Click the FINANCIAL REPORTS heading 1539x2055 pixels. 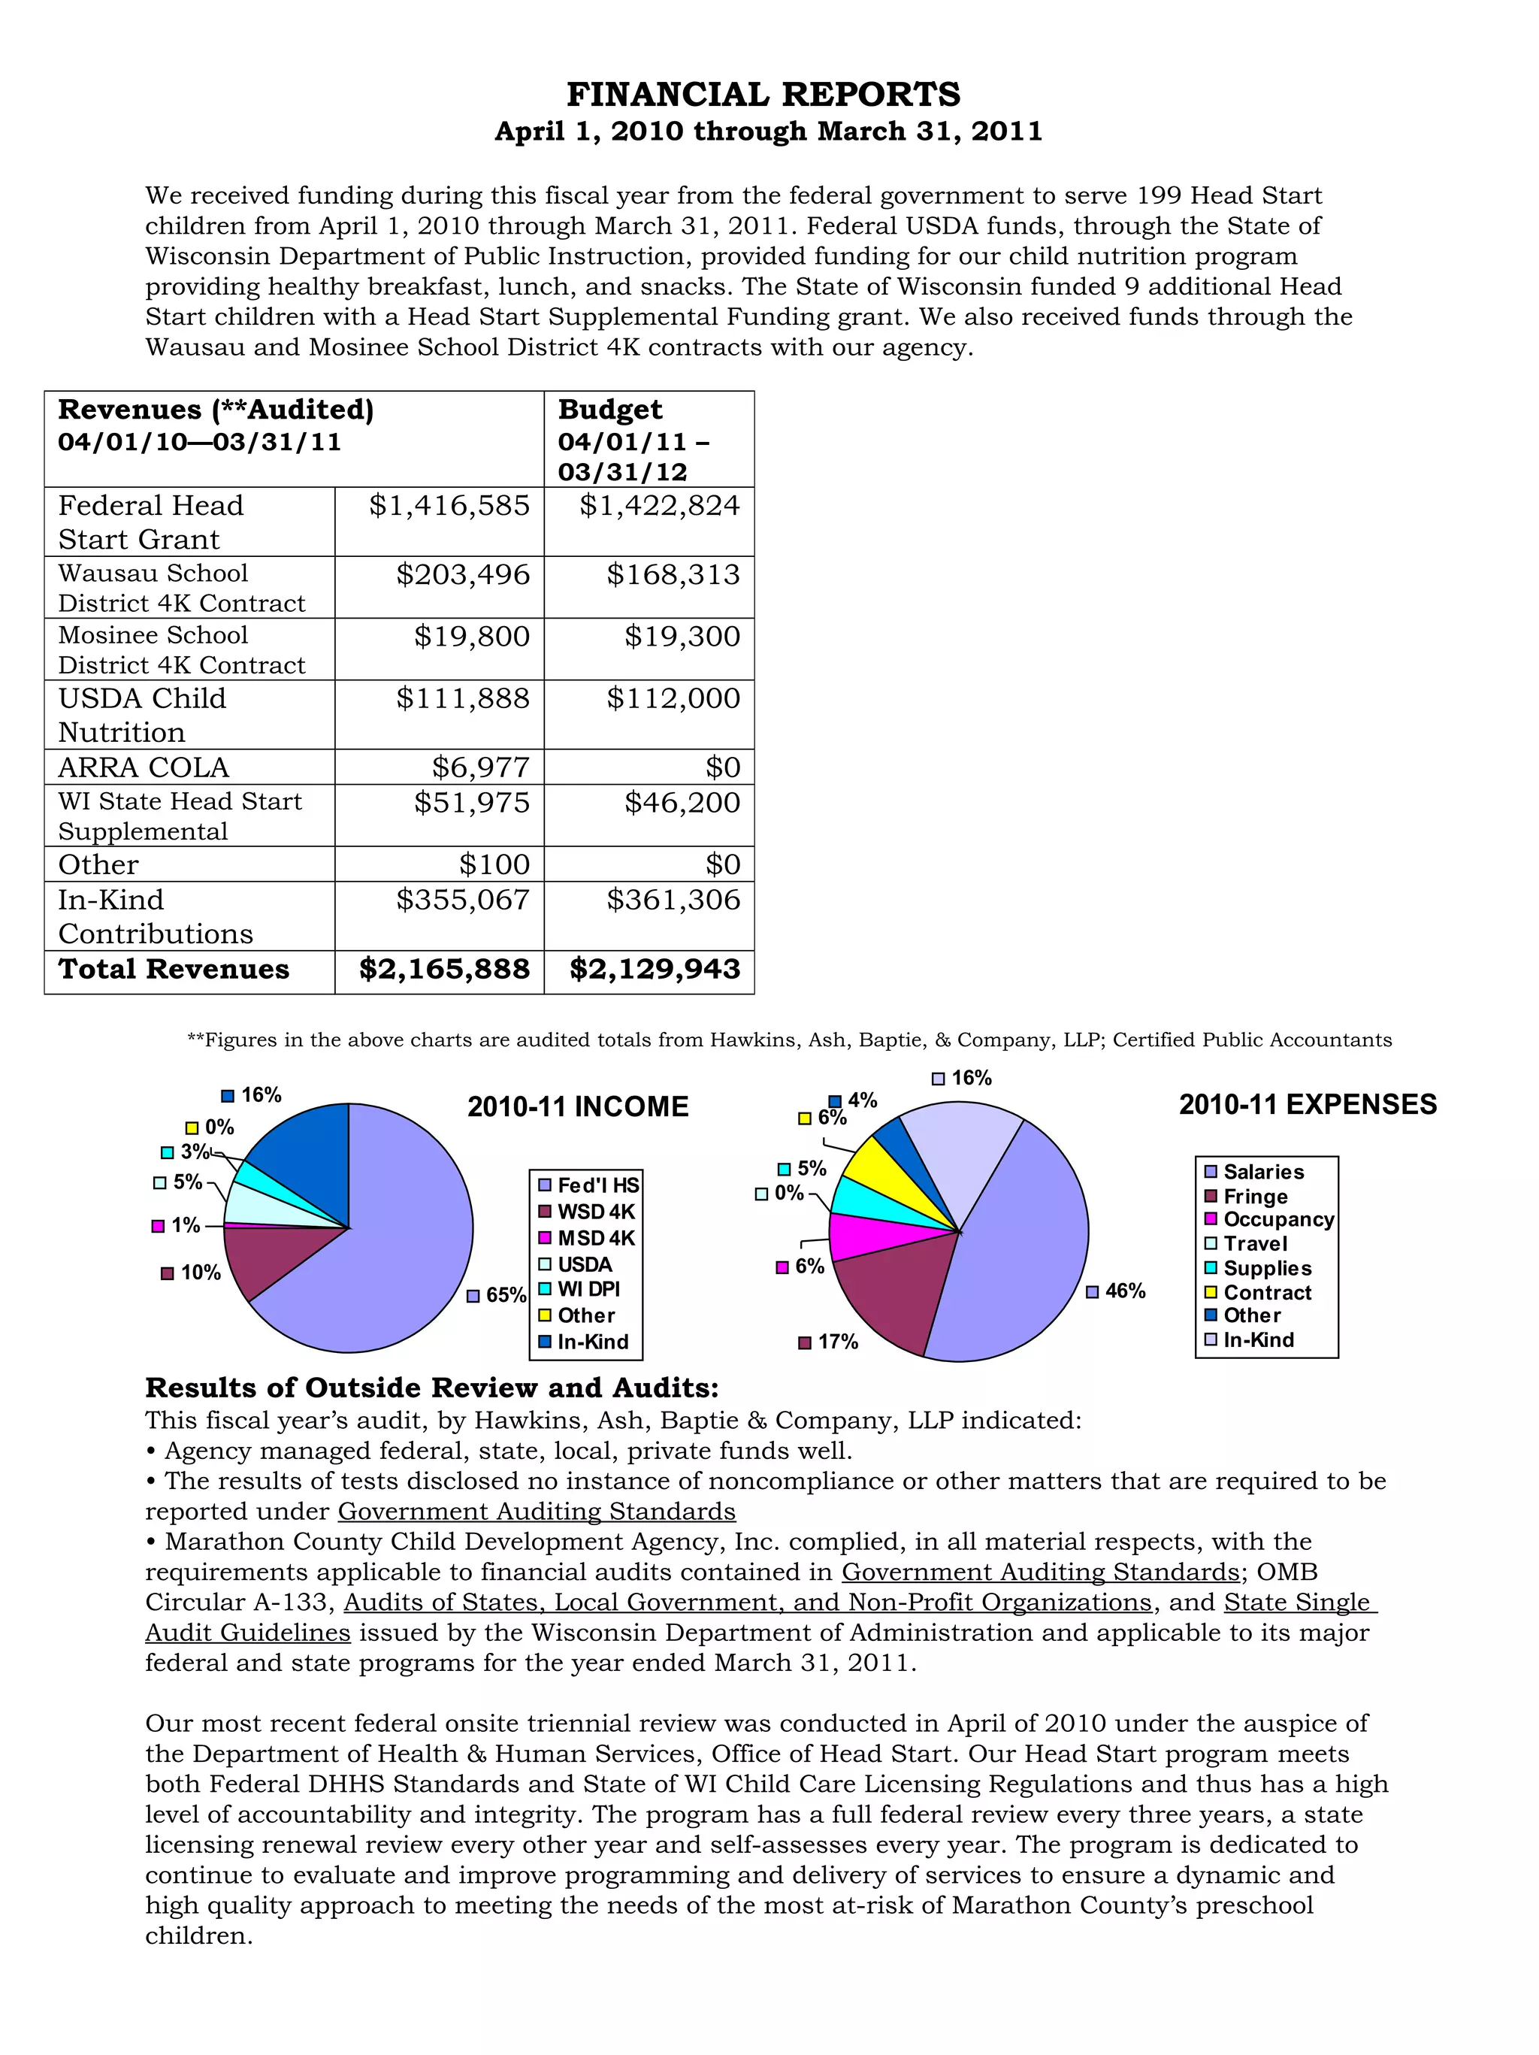[763, 95]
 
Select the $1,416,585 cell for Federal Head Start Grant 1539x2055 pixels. [449, 507]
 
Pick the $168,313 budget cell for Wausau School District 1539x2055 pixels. [673, 575]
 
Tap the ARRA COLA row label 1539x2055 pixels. [144, 767]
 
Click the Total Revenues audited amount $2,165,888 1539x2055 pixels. [444, 970]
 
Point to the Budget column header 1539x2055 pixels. [610, 410]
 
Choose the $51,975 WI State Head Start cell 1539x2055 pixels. [472, 803]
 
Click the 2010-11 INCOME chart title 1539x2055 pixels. [578, 1106]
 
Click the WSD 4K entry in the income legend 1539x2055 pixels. [594, 1212]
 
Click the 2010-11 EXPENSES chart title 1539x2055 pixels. [1308, 1105]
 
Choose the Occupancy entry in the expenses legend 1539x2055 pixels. [1277, 1220]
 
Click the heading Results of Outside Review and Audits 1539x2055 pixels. [432, 1388]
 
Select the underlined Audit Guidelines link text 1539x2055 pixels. [248, 1633]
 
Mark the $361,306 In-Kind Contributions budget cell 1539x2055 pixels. [673, 900]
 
